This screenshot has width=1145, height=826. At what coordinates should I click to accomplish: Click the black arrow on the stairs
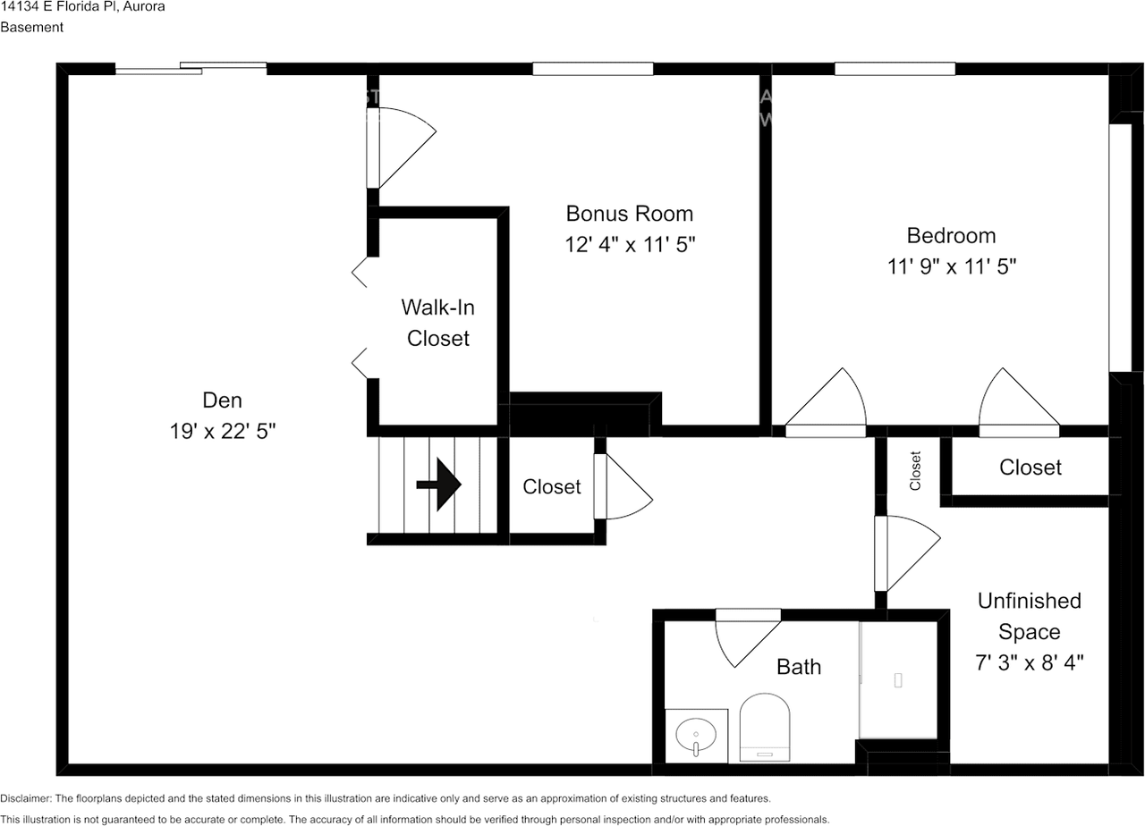(x=439, y=485)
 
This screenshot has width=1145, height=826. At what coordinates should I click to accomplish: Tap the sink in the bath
(x=696, y=735)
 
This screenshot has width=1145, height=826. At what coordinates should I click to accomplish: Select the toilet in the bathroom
(x=765, y=727)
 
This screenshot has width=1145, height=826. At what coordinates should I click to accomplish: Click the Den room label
(x=223, y=400)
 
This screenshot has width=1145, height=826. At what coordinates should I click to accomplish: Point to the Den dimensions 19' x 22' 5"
(x=223, y=432)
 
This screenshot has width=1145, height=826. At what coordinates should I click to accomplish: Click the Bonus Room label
(x=629, y=214)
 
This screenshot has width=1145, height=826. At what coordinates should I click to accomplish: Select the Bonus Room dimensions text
(x=630, y=245)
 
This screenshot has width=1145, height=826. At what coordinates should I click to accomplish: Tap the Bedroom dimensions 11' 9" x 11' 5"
(x=951, y=266)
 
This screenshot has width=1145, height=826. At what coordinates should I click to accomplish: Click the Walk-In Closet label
(x=438, y=323)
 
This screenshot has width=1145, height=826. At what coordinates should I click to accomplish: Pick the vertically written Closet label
(x=915, y=471)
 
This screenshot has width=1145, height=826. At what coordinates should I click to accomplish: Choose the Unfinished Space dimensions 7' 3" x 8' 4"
(x=1029, y=663)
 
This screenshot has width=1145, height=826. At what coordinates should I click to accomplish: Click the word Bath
(x=799, y=667)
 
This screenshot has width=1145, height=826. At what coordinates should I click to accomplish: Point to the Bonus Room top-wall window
(x=593, y=69)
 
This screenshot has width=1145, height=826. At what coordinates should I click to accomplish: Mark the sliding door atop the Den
(x=191, y=69)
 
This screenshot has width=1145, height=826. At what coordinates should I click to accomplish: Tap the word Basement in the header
(x=31, y=27)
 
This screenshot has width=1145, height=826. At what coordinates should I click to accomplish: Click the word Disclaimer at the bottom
(x=26, y=798)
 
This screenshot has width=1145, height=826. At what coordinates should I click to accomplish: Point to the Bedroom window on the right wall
(x=1120, y=248)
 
